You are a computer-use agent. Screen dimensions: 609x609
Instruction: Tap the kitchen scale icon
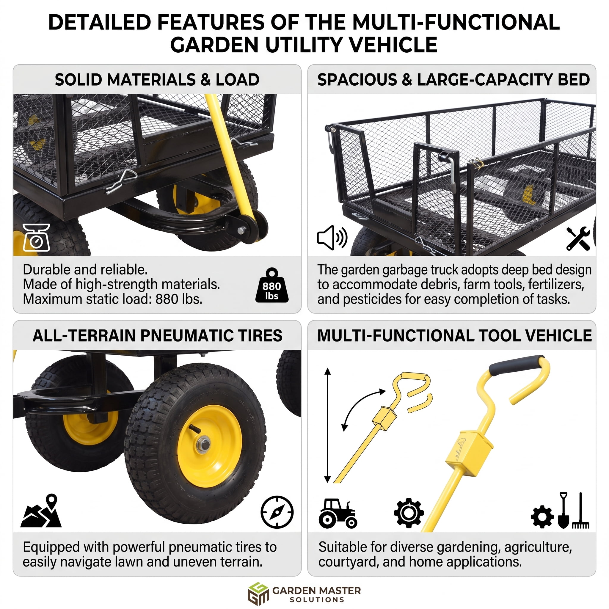point(36,237)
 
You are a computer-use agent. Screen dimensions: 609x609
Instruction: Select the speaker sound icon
point(332,238)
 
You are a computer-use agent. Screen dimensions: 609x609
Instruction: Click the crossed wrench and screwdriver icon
point(578,238)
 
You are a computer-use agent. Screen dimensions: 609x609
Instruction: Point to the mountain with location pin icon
point(41,511)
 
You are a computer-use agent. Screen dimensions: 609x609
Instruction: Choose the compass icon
point(277,512)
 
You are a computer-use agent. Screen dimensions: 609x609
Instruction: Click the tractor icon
point(338,513)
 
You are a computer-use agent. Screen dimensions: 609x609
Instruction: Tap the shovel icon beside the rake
point(563,510)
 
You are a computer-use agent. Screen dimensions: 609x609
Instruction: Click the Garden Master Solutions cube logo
point(258,594)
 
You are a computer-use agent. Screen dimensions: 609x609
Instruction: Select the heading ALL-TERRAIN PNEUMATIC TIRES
point(157,335)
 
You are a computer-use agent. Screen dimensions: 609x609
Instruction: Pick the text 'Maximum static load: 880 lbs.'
point(112,299)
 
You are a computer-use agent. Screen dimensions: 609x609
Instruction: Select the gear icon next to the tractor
point(409,513)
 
